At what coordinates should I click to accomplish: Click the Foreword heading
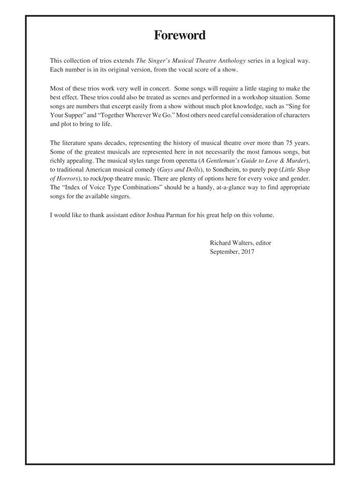(x=180, y=35)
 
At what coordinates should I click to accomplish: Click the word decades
(x=110, y=142)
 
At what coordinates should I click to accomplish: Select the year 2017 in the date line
(x=247, y=252)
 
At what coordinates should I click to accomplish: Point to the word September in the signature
(x=224, y=252)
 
